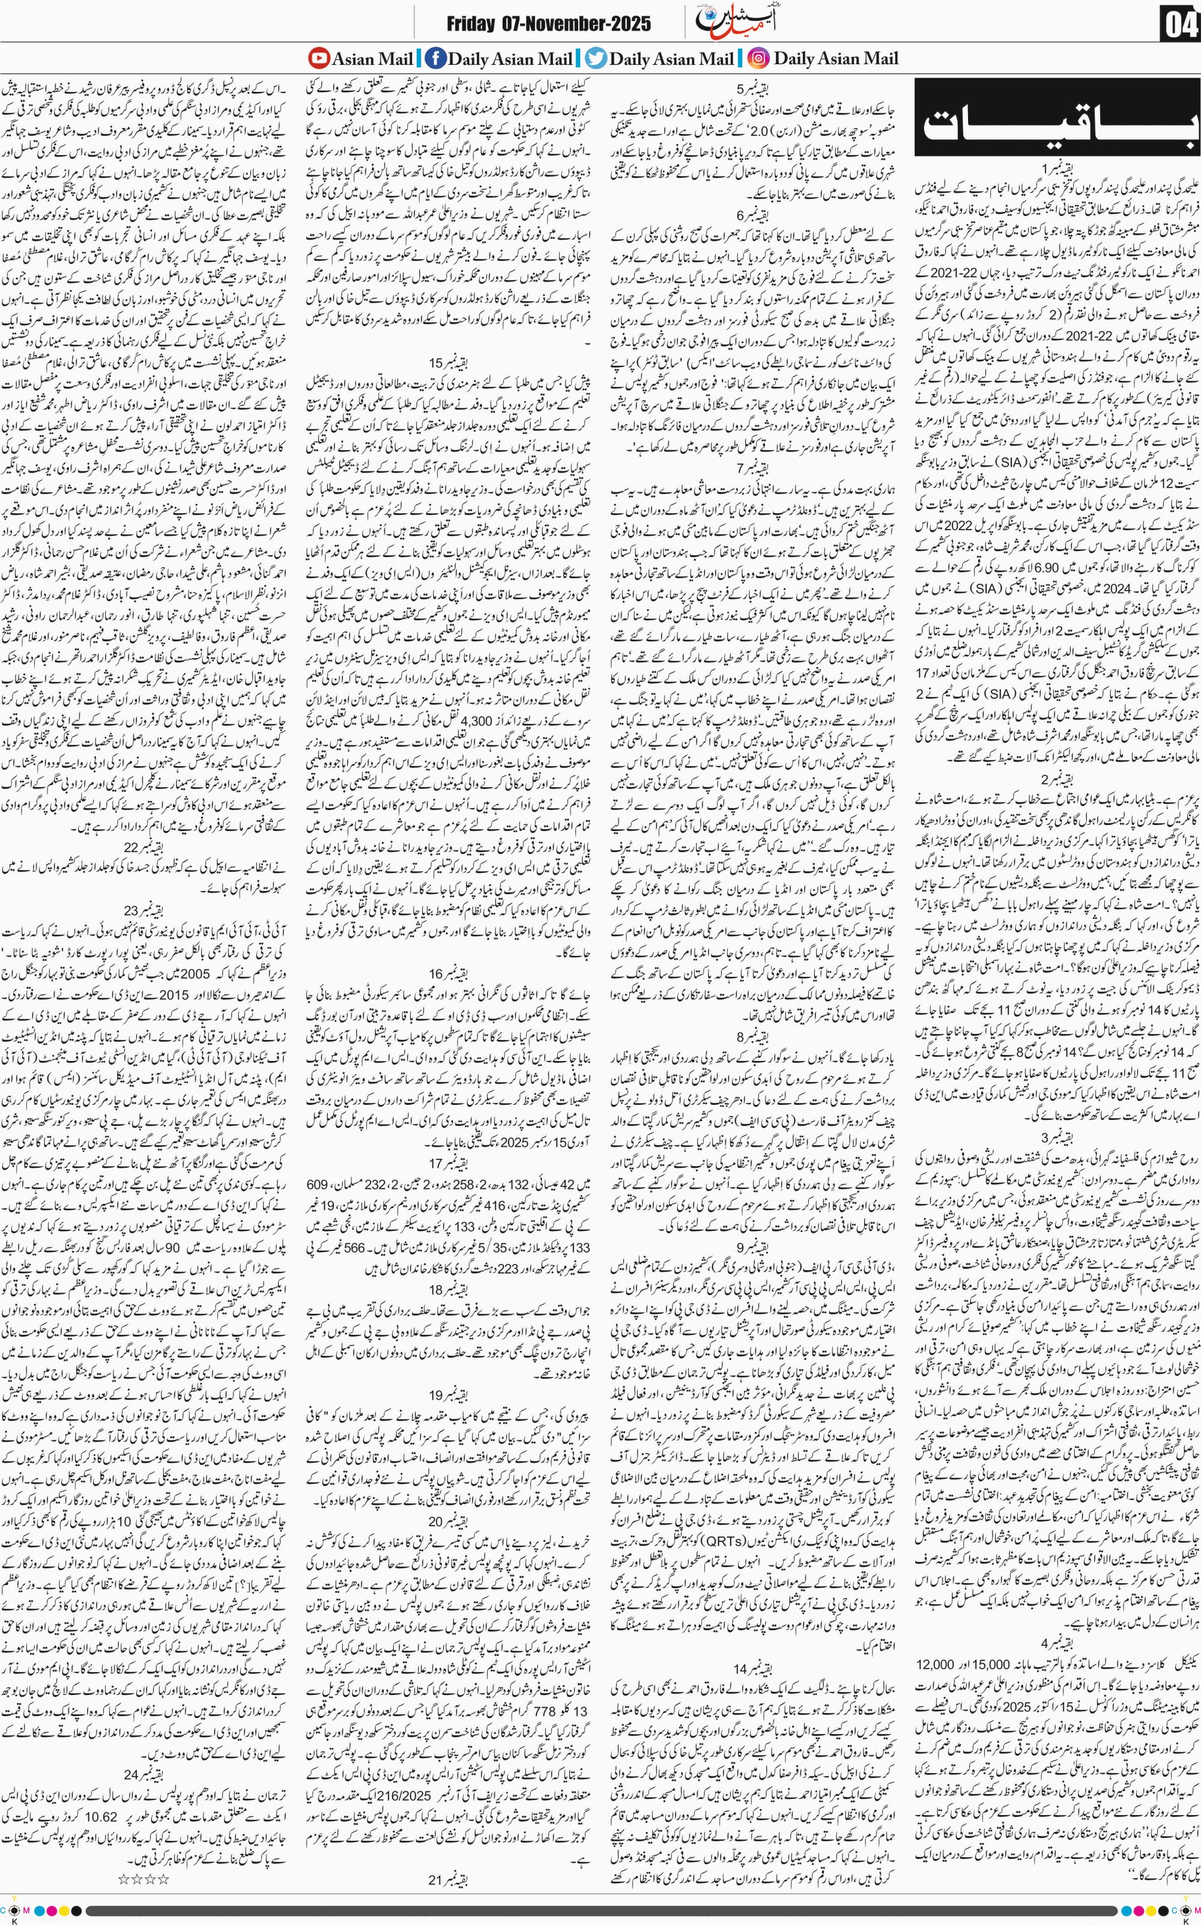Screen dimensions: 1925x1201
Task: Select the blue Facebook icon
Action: pos(435,58)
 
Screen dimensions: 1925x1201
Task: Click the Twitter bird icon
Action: pos(595,58)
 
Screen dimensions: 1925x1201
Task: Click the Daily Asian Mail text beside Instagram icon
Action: pos(836,58)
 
